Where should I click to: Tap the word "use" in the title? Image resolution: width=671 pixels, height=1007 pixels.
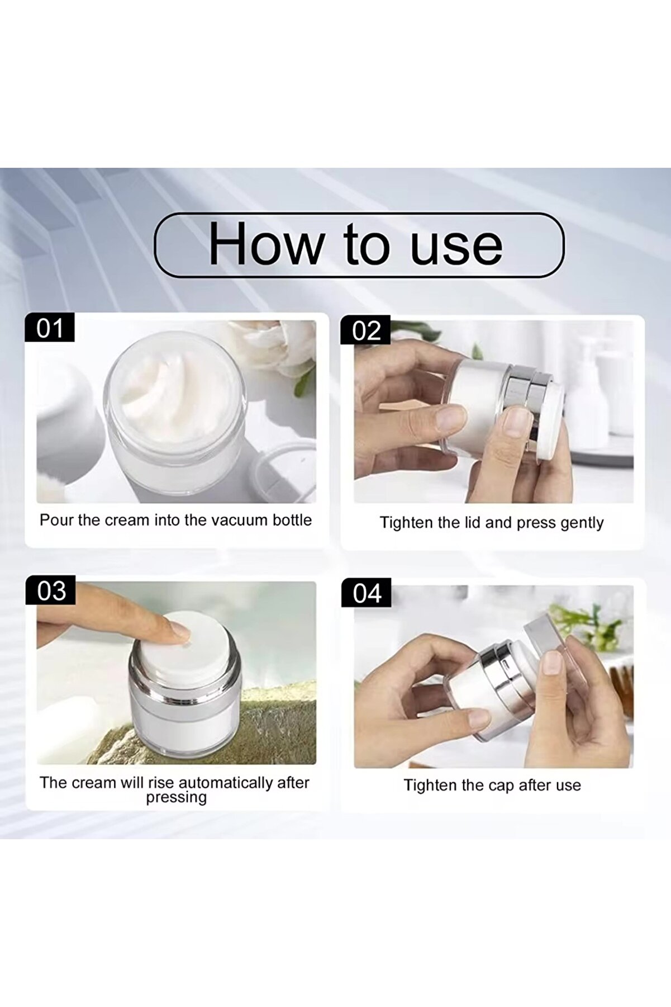pos(456,246)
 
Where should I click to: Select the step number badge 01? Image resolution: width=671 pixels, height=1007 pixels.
pos(50,328)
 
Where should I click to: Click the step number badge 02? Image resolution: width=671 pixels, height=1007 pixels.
pos(366,331)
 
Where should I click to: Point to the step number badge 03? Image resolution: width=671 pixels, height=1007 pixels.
pos(51,591)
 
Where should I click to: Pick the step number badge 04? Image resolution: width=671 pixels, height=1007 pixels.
pos(367,593)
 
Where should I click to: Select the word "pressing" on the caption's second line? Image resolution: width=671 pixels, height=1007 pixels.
pos(176,797)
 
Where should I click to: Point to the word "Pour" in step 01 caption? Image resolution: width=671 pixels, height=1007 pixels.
pos(56,520)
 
